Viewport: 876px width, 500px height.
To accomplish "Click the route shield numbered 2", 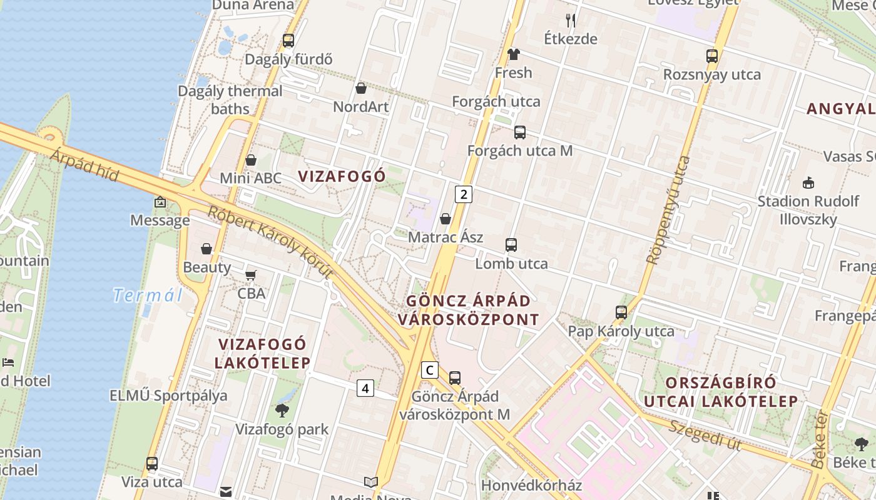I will (463, 194).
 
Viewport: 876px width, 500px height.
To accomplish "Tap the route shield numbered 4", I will (365, 388).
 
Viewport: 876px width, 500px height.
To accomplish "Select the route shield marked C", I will (430, 370).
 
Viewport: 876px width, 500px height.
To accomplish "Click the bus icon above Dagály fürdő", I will (288, 41).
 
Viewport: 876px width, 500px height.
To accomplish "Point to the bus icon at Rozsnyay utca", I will (711, 56).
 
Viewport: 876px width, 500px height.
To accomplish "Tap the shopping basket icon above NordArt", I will (360, 88).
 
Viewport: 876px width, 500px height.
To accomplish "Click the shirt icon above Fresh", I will (513, 54).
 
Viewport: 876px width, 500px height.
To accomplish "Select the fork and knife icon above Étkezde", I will (570, 21).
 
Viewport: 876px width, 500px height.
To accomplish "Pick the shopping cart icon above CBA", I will (251, 275).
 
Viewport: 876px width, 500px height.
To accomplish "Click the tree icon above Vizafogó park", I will (282, 410).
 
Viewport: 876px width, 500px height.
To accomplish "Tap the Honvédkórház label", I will (531, 485).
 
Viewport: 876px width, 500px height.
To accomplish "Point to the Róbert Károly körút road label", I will (270, 241).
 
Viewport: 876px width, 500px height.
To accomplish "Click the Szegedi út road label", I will (705, 435).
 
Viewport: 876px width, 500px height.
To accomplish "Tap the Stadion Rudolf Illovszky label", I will (808, 210).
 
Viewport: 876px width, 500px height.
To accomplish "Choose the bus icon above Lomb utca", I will (511, 244).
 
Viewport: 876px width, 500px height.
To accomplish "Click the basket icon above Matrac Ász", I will (446, 219).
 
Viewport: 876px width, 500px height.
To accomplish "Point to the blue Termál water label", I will (148, 295).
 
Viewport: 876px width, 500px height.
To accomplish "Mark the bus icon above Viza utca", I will (151, 464).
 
